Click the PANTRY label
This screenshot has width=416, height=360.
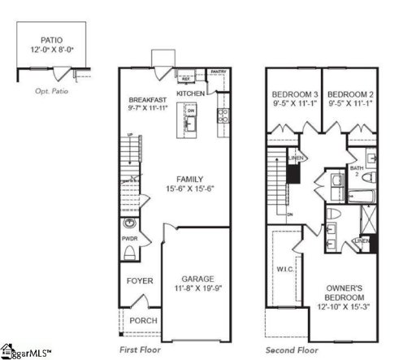(x=218, y=72)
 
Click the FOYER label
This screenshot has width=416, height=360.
(x=139, y=281)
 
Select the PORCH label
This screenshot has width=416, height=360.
(x=144, y=320)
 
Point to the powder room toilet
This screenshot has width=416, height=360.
(x=130, y=253)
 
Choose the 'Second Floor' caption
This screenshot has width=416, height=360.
(x=291, y=349)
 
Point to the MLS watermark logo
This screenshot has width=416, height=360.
(x=26, y=353)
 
